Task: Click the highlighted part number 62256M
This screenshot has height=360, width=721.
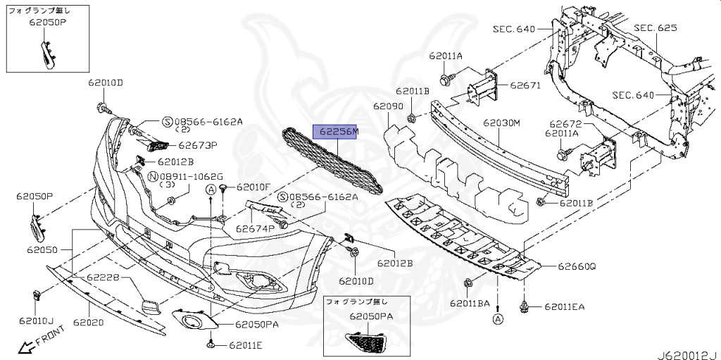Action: (335, 132)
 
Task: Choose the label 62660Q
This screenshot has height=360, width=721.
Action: (577, 267)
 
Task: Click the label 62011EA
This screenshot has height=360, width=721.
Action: (563, 307)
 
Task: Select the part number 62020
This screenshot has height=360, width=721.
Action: (87, 322)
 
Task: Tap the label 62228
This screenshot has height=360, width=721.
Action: (105, 279)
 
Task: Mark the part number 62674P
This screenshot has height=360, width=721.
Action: (253, 229)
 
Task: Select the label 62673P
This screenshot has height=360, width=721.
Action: (198, 146)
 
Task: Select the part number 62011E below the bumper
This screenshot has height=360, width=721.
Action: (244, 346)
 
